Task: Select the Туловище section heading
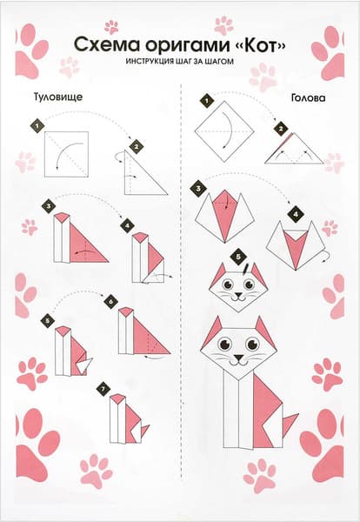pyautogui.click(x=58, y=97)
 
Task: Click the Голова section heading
pyautogui.click(x=308, y=97)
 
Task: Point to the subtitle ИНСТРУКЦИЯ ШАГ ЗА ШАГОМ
pyautogui.click(x=180, y=62)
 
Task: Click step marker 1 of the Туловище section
pyautogui.click(x=37, y=126)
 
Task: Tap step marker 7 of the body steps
pyautogui.click(x=103, y=389)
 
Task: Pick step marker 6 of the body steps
pyautogui.click(x=110, y=302)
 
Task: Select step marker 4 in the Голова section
pyautogui.click(x=296, y=214)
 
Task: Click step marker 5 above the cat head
pyautogui.click(x=238, y=257)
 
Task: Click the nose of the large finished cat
pyautogui.click(x=238, y=358)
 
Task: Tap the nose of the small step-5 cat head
pyautogui.click(x=238, y=295)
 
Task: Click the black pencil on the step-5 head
pyautogui.click(x=245, y=268)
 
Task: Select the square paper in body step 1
pyautogui.click(x=67, y=155)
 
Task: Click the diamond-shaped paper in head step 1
pyautogui.click(x=224, y=131)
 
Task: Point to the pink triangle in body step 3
pyautogui.click(x=88, y=244)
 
